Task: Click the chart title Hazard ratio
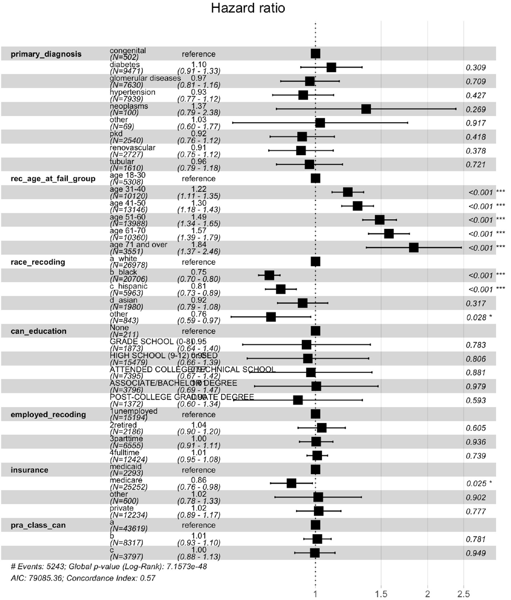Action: (x=248, y=8)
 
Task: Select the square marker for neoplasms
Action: (x=366, y=109)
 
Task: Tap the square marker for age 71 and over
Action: (x=414, y=247)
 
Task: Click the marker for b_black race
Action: (x=269, y=275)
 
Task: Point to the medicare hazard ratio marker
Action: (x=291, y=483)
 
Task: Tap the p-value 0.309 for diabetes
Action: (x=476, y=67)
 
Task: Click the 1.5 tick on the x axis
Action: (x=381, y=594)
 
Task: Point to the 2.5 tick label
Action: (x=463, y=594)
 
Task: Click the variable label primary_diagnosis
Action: (x=46, y=54)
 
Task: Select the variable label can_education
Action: (x=38, y=331)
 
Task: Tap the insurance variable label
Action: (x=29, y=470)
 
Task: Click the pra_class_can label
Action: (x=38, y=525)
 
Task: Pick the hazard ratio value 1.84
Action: (x=199, y=244)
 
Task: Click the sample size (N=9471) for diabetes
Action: (x=126, y=71)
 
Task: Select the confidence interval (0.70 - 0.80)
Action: (x=199, y=279)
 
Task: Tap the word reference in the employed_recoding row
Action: (x=198, y=415)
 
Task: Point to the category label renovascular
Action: (x=132, y=147)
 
